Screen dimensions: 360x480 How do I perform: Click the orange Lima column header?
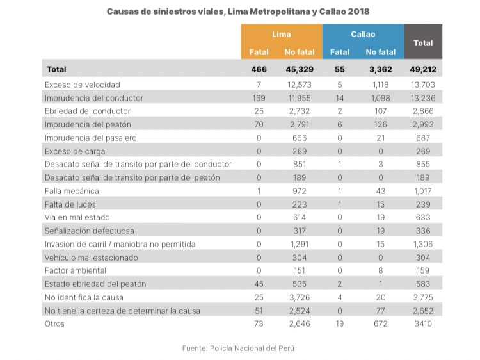[x=281, y=34]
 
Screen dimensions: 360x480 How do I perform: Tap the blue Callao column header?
[x=363, y=34]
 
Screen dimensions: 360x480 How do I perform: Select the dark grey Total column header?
[x=423, y=43]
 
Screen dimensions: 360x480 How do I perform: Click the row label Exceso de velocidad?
[x=82, y=84]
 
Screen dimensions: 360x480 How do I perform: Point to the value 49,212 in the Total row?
[x=423, y=69]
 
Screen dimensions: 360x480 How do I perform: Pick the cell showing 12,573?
[x=299, y=84]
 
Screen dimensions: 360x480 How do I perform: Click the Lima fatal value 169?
[x=259, y=98]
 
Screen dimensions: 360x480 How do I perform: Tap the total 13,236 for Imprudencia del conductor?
[x=423, y=98]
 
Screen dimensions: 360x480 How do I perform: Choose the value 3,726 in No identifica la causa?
[x=299, y=297]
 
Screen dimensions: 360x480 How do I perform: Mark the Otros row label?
[x=56, y=323]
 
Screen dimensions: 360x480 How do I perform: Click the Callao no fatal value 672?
[x=380, y=323]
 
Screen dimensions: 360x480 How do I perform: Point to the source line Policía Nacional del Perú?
[x=240, y=348]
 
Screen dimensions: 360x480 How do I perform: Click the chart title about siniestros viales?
[x=237, y=12]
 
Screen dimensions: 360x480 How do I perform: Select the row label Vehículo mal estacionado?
[x=91, y=257]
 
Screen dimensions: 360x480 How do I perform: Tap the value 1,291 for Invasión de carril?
[x=299, y=243]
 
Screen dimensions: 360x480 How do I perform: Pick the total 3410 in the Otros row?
[x=423, y=323]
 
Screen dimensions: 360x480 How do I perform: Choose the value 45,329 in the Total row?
[x=299, y=69]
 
